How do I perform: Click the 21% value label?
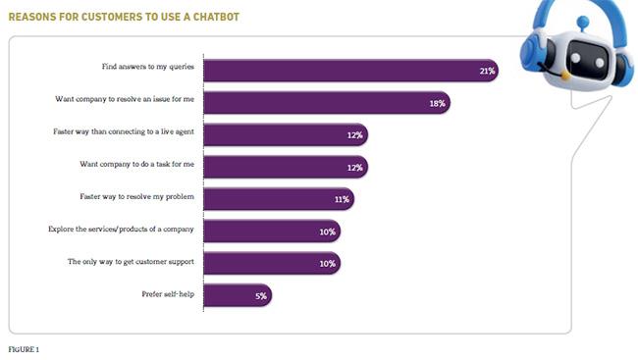(x=485, y=71)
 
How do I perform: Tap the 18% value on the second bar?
(x=437, y=102)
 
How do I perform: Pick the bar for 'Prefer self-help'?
(x=237, y=294)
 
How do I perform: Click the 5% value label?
(x=260, y=294)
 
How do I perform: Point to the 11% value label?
(x=342, y=198)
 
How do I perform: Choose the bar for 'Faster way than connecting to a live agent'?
(x=285, y=134)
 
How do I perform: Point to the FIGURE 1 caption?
(x=25, y=348)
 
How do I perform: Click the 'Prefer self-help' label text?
(x=168, y=293)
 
